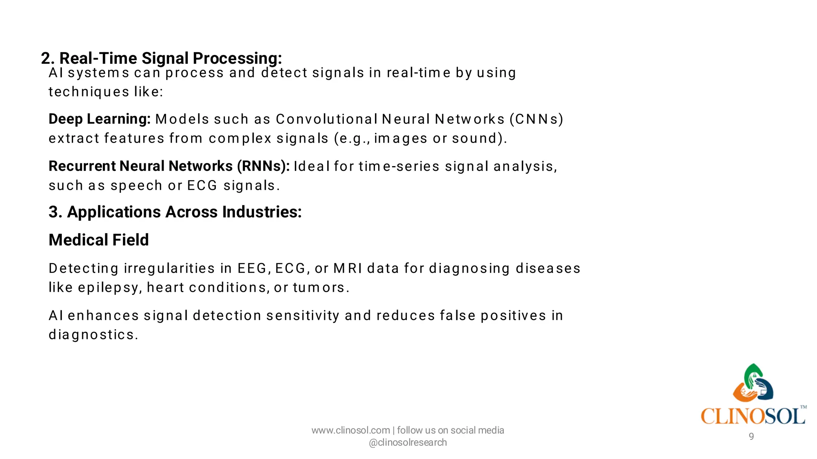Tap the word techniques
click(89, 92)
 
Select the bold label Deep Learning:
click(99, 119)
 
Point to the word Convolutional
click(326, 119)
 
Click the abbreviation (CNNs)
click(536, 119)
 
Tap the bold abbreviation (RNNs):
click(263, 166)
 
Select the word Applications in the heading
click(114, 212)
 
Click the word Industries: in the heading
click(262, 212)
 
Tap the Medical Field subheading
click(99, 240)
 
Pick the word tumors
click(321, 288)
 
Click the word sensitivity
click(303, 316)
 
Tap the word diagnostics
click(93, 335)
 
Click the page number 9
click(751, 437)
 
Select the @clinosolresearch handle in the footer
click(408, 443)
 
